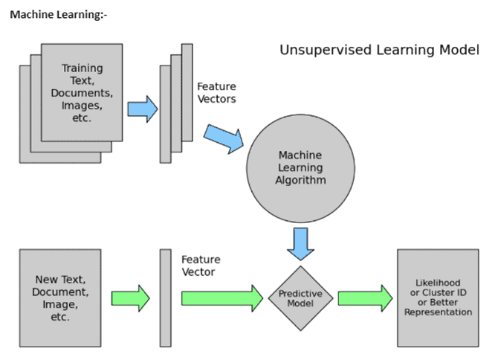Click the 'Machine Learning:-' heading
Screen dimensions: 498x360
[59, 15]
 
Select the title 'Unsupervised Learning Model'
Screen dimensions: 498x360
[379, 50]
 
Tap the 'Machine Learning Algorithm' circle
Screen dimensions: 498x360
[300, 168]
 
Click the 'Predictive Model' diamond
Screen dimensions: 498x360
[300, 298]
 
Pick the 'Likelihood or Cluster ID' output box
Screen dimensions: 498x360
[438, 298]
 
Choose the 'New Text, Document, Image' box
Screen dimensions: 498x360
[60, 298]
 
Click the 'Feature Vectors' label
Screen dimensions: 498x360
[216, 92]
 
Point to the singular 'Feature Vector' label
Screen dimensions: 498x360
[201, 266]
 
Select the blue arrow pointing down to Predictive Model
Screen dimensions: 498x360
[300, 244]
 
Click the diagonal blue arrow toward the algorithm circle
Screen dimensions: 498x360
[224, 139]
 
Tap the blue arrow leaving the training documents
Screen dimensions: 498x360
[143, 109]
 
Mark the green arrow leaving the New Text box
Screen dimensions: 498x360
[130, 298]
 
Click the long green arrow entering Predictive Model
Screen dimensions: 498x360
[222, 298]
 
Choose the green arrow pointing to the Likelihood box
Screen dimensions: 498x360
[365, 298]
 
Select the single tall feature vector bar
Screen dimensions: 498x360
[166, 298]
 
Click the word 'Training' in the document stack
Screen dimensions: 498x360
[82, 68]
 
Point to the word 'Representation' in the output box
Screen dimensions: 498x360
[438, 312]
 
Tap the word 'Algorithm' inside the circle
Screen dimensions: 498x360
[300, 180]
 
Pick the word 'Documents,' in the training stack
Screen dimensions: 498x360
[82, 93]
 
